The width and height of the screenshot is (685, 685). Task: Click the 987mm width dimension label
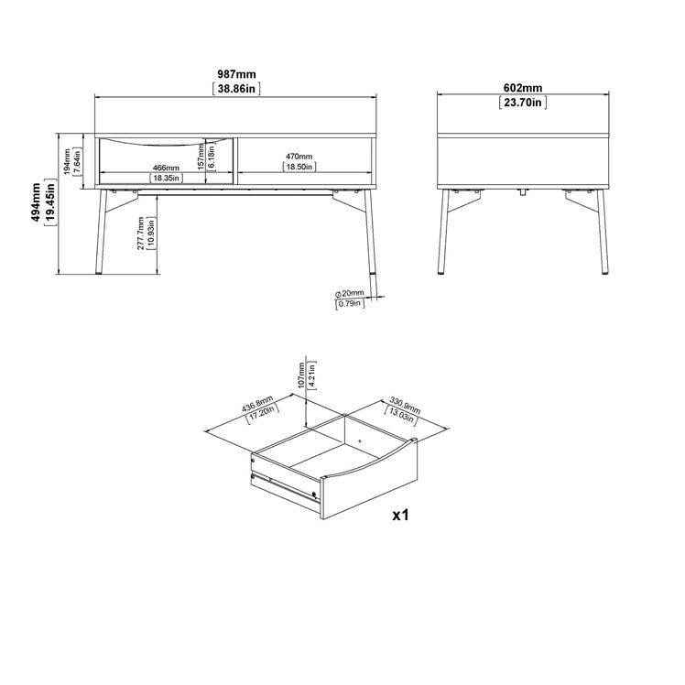coord(236,74)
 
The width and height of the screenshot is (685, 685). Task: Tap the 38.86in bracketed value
coord(236,89)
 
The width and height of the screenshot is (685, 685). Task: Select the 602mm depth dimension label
coord(523,88)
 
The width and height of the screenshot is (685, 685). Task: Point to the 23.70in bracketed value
coord(523,103)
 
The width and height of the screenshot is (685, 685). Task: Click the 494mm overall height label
coord(36,201)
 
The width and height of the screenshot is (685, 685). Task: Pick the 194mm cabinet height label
coord(67,162)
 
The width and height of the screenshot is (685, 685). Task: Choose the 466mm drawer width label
coord(166,168)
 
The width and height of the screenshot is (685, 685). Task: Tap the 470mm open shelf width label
coord(299,157)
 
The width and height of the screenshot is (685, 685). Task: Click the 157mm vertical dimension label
coord(201,156)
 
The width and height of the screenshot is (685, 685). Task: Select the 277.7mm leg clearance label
coord(141,234)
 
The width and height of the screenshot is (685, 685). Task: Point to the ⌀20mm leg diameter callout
coord(350,293)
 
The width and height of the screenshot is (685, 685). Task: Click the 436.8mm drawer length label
coord(257,404)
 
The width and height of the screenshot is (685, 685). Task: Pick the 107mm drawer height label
coord(301,375)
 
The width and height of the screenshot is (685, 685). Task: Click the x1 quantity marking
coord(400,515)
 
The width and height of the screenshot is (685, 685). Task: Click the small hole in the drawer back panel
coord(359,440)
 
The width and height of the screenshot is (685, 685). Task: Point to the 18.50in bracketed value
coord(299,167)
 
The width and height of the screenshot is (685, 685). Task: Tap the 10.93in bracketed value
coord(151,234)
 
